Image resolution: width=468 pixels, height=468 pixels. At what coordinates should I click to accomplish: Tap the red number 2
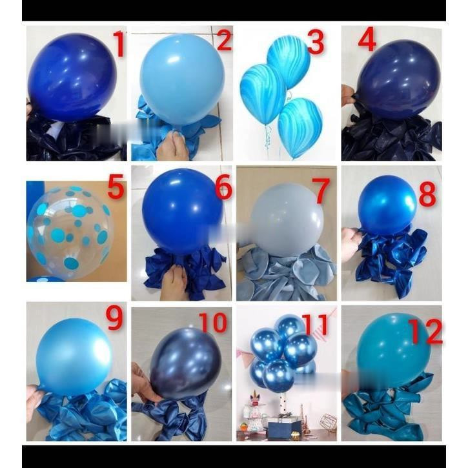click(x=223, y=41)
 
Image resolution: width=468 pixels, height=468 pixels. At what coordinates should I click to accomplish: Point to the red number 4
click(x=367, y=41)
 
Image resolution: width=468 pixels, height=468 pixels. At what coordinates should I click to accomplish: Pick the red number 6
click(x=223, y=187)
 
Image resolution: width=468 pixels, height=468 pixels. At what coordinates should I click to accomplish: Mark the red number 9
click(x=115, y=318)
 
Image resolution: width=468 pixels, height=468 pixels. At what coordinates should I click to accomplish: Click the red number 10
click(x=212, y=322)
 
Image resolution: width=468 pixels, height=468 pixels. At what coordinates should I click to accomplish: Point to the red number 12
click(x=426, y=332)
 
